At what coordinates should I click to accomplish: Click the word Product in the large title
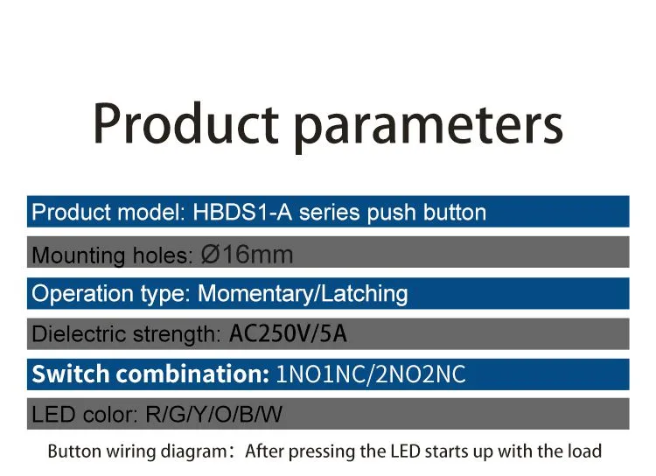tap(185, 124)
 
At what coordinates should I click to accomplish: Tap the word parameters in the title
tap(429, 128)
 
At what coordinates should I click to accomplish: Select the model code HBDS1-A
tap(242, 212)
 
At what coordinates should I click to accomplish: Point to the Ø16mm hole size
tap(247, 255)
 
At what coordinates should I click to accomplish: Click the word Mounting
tap(78, 255)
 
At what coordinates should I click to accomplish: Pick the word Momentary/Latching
tap(303, 293)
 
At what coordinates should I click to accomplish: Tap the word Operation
tap(82, 294)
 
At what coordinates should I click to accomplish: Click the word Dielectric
tap(79, 334)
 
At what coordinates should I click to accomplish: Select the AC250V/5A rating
tap(288, 333)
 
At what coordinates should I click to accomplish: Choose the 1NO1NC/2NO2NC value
tap(371, 374)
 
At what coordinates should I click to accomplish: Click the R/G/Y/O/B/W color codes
tap(213, 415)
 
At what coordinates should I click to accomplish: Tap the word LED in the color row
tap(54, 415)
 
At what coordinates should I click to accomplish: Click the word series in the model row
tap(329, 213)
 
